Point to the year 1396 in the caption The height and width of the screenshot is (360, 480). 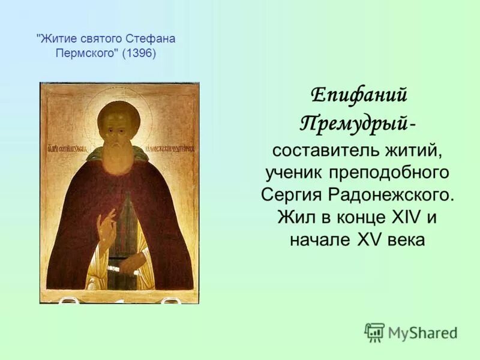pos(139,53)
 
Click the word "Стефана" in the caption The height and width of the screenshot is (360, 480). pos(151,39)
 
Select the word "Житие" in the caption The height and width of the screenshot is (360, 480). pos(56,39)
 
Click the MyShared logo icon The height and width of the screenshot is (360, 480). pos(374,332)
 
